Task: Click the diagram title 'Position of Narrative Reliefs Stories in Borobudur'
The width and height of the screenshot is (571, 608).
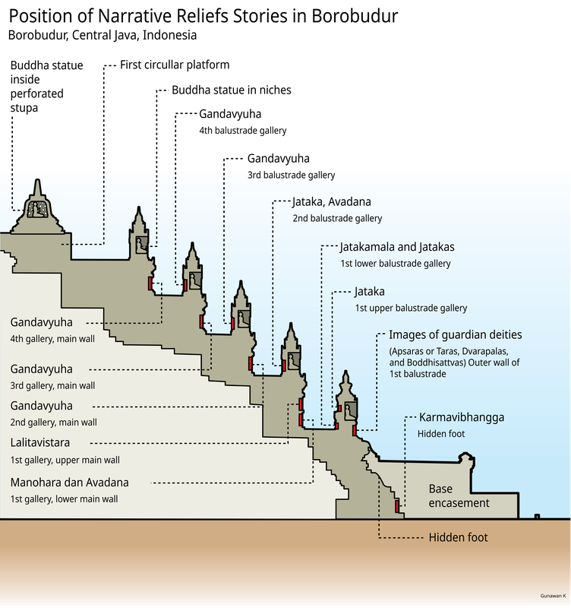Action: [x=202, y=15]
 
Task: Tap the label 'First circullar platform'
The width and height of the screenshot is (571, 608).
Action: [x=174, y=65]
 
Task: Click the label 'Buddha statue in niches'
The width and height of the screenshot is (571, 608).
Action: [x=231, y=90]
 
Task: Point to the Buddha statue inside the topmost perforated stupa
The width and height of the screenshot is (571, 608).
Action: [x=36, y=211]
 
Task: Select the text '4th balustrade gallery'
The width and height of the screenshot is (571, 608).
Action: [x=242, y=131]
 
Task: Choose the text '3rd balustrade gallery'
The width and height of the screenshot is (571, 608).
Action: [x=291, y=175]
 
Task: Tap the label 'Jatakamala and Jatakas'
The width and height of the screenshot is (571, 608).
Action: [x=397, y=247]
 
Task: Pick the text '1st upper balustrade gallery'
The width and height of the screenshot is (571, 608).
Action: [x=411, y=309]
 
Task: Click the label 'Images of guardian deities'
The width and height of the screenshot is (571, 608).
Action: [x=455, y=334]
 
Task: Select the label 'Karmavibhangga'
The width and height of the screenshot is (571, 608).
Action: [x=460, y=417]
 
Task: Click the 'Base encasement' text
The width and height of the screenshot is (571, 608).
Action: [x=459, y=496]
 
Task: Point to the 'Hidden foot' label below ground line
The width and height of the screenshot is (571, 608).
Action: [x=458, y=537]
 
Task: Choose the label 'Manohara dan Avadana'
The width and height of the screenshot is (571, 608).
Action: [x=69, y=483]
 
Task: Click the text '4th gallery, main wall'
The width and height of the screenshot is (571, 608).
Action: [x=52, y=339]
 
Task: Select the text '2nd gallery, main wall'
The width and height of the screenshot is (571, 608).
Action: [x=52, y=423]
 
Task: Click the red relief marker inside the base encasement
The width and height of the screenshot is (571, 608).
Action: [x=397, y=506]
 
